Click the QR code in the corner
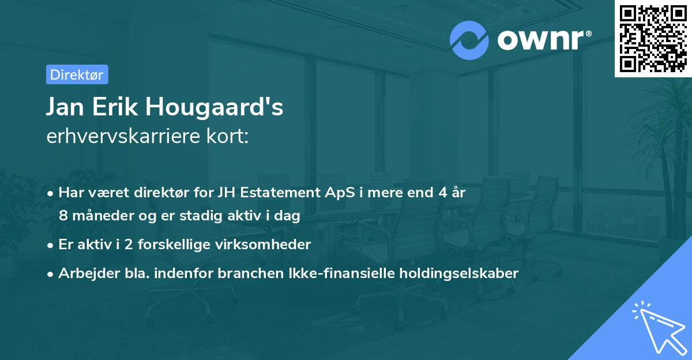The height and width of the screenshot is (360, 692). (653, 38)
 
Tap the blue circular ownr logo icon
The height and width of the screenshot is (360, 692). (469, 40)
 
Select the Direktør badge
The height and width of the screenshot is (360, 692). (77, 74)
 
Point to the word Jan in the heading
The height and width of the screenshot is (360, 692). (65, 107)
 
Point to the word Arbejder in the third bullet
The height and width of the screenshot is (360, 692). (83, 273)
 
